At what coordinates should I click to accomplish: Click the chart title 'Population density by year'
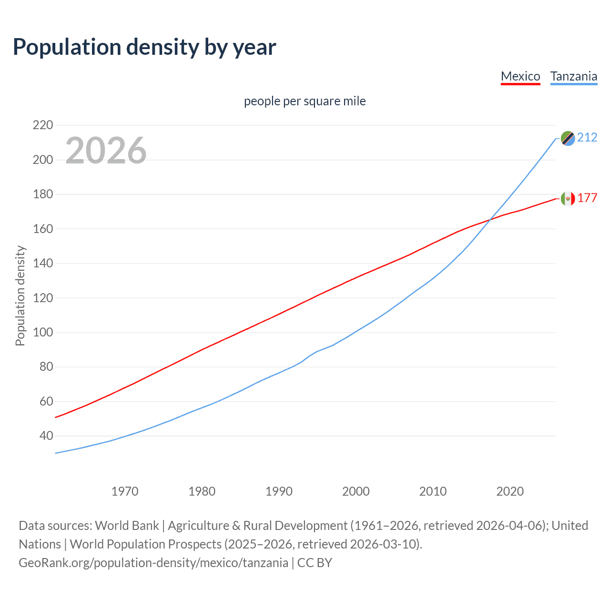pos(144,47)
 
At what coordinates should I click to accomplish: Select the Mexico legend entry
pos(520,76)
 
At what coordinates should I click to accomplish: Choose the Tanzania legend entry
pos(573,76)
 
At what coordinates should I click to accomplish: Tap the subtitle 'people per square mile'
pos(305,101)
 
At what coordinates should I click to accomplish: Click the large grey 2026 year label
pos(106,151)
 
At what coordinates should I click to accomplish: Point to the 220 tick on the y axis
pos(43,125)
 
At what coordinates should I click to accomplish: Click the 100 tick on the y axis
pos(43,332)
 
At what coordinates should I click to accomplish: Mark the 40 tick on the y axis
pos(46,436)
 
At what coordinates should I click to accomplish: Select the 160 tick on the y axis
pos(43,229)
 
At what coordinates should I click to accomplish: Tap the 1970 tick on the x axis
pos(125,491)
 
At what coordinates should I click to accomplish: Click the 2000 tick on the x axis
pos(356,491)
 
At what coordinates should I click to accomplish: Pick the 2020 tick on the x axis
pos(510,491)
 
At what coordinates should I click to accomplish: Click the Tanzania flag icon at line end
pos(568,138)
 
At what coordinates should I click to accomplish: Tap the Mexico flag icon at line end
pos(568,198)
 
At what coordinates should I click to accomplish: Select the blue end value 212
pos(587,138)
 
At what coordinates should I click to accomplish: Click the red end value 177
pos(587,198)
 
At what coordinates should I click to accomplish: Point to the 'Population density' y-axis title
pos(20,295)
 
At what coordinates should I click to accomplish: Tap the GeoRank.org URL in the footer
pos(153,563)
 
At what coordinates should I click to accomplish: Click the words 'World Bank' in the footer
pos(127,526)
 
